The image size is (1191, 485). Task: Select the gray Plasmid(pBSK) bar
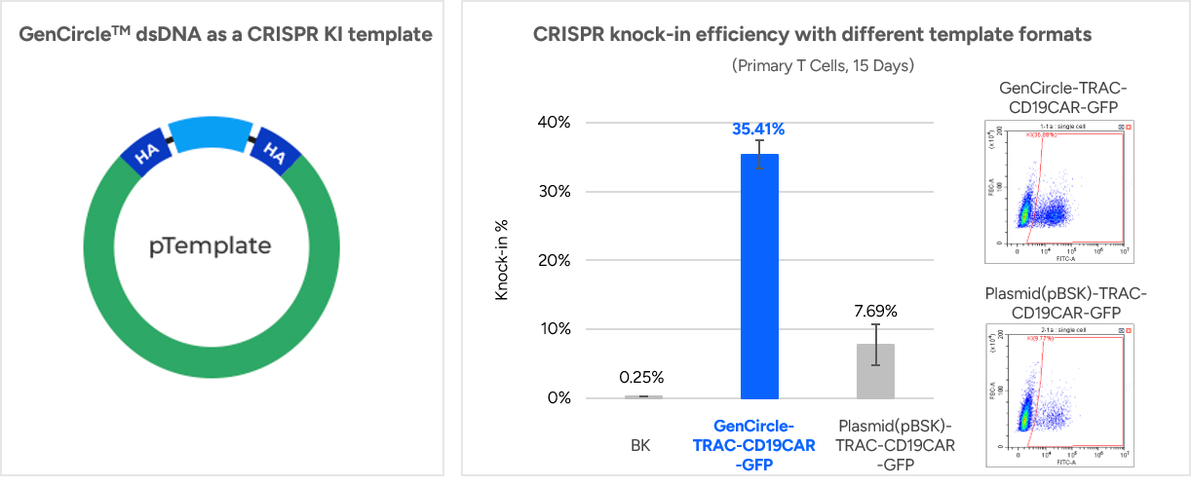click(876, 371)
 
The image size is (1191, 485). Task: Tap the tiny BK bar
click(643, 396)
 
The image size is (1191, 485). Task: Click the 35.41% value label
click(759, 129)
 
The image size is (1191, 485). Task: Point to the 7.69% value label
click(876, 312)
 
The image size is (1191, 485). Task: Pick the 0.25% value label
click(643, 377)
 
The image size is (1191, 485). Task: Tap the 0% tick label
click(556, 397)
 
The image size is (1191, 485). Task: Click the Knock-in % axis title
click(502, 260)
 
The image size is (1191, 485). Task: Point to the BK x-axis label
click(642, 445)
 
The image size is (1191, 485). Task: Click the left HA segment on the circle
click(143, 153)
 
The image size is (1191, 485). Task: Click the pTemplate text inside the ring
click(211, 245)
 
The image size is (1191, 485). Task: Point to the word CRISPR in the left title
click(295, 35)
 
